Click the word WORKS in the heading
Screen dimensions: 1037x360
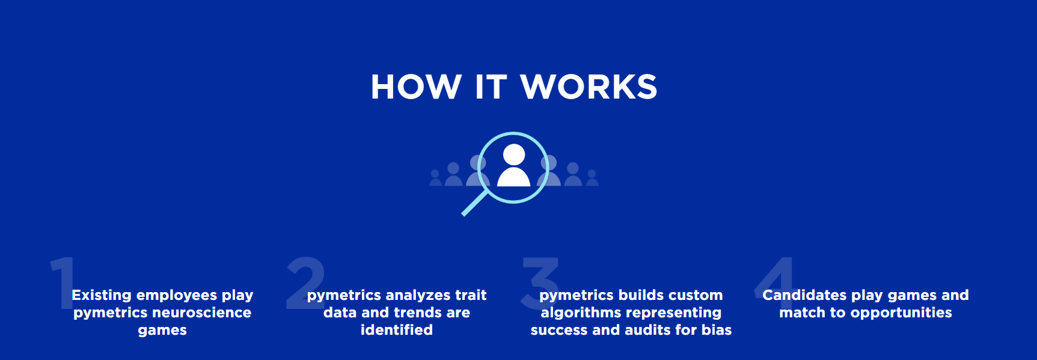589,87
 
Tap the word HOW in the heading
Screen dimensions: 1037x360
416,87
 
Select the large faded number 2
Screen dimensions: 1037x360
306,282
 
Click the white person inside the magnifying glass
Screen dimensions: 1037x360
514,165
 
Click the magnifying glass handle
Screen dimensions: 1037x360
474,203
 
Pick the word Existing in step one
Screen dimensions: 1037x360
102,295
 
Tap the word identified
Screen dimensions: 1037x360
397,330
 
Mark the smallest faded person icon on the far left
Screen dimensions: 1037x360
435,178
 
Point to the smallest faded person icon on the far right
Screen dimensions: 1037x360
592,178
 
